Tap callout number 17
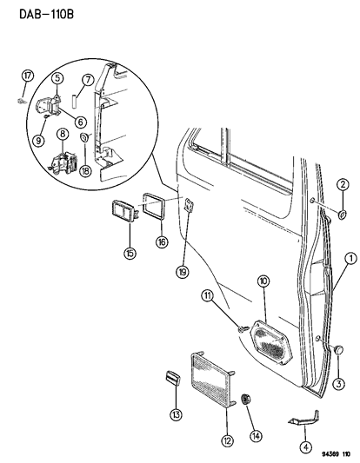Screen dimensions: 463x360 tap(27, 76)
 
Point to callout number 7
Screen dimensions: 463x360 tap(87, 80)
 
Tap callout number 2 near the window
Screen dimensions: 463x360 tap(343, 183)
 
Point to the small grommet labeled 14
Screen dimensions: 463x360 tap(246, 399)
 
